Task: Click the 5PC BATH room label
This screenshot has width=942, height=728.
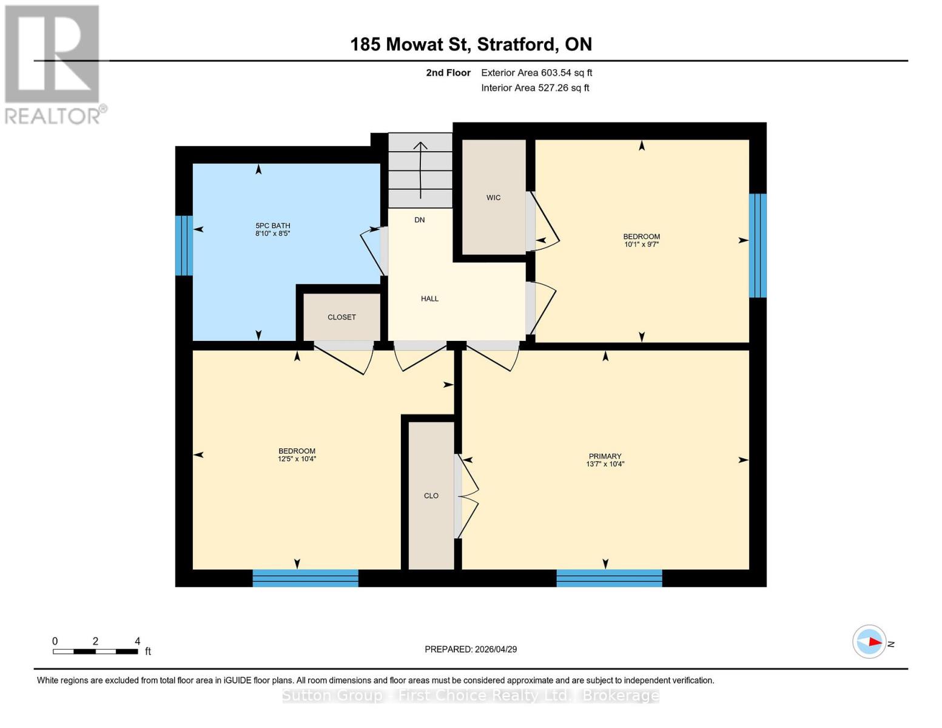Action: click(x=272, y=226)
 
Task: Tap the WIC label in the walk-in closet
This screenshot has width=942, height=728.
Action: click(x=493, y=198)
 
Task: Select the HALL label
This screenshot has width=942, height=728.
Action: click(x=429, y=298)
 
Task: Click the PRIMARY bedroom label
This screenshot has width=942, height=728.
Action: click(x=605, y=456)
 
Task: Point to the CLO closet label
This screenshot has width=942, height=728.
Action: click(x=431, y=496)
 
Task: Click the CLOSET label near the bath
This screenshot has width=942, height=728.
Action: click(x=341, y=317)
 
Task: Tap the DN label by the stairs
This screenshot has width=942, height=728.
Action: click(x=419, y=220)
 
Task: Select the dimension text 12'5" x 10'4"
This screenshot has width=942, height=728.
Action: click(x=297, y=459)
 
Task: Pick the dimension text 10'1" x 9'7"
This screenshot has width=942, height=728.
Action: click(x=641, y=244)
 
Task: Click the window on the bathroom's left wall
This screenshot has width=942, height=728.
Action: click(x=184, y=246)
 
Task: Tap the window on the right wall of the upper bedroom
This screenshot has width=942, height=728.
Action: click(x=758, y=246)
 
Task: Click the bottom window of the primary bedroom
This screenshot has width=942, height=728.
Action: click(x=609, y=578)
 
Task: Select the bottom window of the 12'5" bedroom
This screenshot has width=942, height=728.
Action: click(x=305, y=578)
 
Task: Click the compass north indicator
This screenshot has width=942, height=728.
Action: click(x=870, y=642)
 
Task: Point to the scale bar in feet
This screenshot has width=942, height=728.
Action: click(x=95, y=652)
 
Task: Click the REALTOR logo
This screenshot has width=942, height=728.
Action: click(x=53, y=64)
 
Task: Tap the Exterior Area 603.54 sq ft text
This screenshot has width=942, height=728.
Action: click(x=536, y=73)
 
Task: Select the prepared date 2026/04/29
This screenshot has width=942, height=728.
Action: click(x=471, y=649)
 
